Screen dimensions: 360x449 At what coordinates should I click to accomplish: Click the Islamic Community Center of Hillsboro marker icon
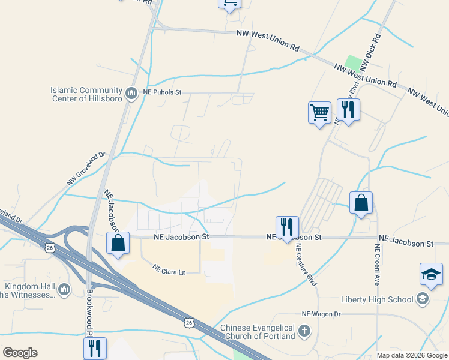(x=131, y=94)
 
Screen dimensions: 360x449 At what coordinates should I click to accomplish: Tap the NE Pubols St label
(x=161, y=93)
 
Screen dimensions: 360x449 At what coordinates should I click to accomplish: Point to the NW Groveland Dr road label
(x=85, y=168)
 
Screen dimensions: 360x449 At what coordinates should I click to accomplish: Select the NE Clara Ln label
(x=169, y=270)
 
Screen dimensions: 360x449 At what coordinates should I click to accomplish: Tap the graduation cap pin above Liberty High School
(x=431, y=274)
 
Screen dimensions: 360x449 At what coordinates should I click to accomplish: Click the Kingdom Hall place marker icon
(x=64, y=290)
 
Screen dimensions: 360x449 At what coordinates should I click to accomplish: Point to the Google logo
(x=20, y=353)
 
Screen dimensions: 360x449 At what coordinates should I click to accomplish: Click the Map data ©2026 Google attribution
(x=412, y=355)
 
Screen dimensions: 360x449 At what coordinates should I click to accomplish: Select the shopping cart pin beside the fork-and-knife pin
(x=319, y=112)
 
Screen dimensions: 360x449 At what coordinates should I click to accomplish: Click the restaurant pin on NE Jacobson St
(x=287, y=227)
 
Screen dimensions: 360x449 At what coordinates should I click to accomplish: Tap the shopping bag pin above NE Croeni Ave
(x=361, y=203)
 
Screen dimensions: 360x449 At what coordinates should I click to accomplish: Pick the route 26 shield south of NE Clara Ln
(x=189, y=323)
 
